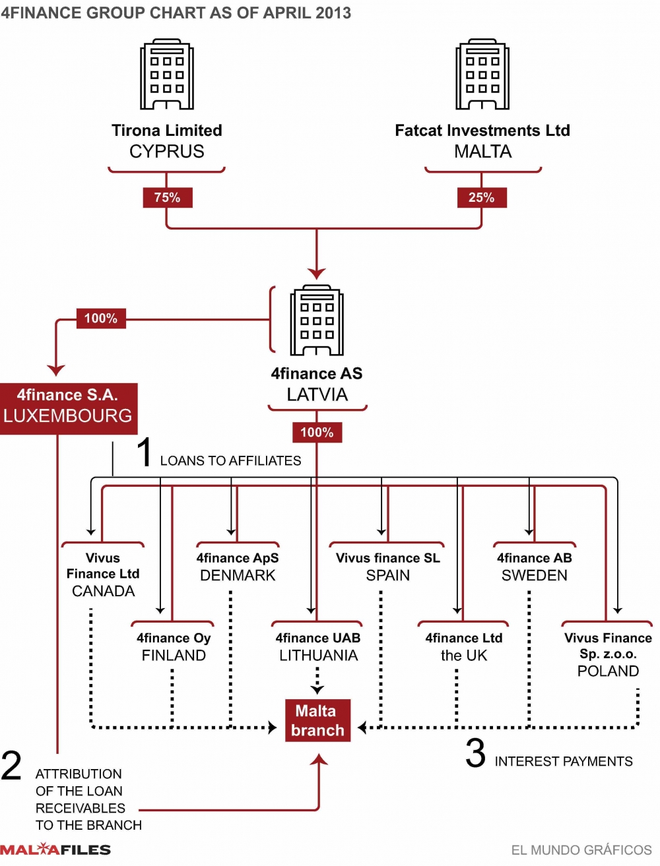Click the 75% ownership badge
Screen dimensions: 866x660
point(167,197)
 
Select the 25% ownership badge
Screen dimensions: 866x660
point(482,197)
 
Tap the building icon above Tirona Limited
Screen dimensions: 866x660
point(167,74)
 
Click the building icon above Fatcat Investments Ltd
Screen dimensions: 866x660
point(482,74)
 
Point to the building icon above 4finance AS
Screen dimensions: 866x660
point(317,321)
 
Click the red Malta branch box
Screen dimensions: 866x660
point(317,720)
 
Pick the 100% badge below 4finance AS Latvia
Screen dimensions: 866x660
point(317,432)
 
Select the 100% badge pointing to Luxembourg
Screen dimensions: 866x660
point(100,319)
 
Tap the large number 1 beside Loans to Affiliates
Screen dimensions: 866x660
point(145,452)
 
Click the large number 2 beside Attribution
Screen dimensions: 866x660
point(11,766)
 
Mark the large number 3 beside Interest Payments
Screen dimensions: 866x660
point(475,753)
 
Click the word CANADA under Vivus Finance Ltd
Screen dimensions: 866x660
point(103,591)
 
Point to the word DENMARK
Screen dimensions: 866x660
point(238,575)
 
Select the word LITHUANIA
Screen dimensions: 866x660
point(318,655)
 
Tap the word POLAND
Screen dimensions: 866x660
point(608,671)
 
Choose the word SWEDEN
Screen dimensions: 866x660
point(534,575)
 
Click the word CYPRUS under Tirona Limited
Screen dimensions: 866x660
point(167,152)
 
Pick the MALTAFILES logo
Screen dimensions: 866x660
point(55,850)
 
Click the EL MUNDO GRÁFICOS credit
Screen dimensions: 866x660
point(581,850)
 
